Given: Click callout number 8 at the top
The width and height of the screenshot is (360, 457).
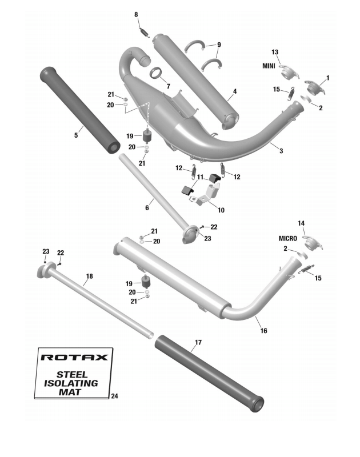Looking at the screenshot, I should [x=136, y=14].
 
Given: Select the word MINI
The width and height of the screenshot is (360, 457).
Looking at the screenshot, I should [x=269, y=66].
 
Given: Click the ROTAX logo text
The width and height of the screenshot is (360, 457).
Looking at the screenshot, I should [x=74, y=358].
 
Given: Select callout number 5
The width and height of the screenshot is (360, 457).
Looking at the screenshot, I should [x=75, y=135].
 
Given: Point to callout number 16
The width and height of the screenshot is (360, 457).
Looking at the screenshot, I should [x=263, y=331].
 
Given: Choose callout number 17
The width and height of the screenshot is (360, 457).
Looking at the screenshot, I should [x=198, y=343].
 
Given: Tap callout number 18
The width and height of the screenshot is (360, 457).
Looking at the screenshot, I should [x=89, y=276].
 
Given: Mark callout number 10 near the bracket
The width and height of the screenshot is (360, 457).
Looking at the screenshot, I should [x=221, y=210].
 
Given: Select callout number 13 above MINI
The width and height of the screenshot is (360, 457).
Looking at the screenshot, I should [x=275, y=53].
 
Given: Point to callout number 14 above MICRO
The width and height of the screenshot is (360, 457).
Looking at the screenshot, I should [x=301, y=223].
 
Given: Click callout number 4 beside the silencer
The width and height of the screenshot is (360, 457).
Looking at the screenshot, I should [x=235, y=91].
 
